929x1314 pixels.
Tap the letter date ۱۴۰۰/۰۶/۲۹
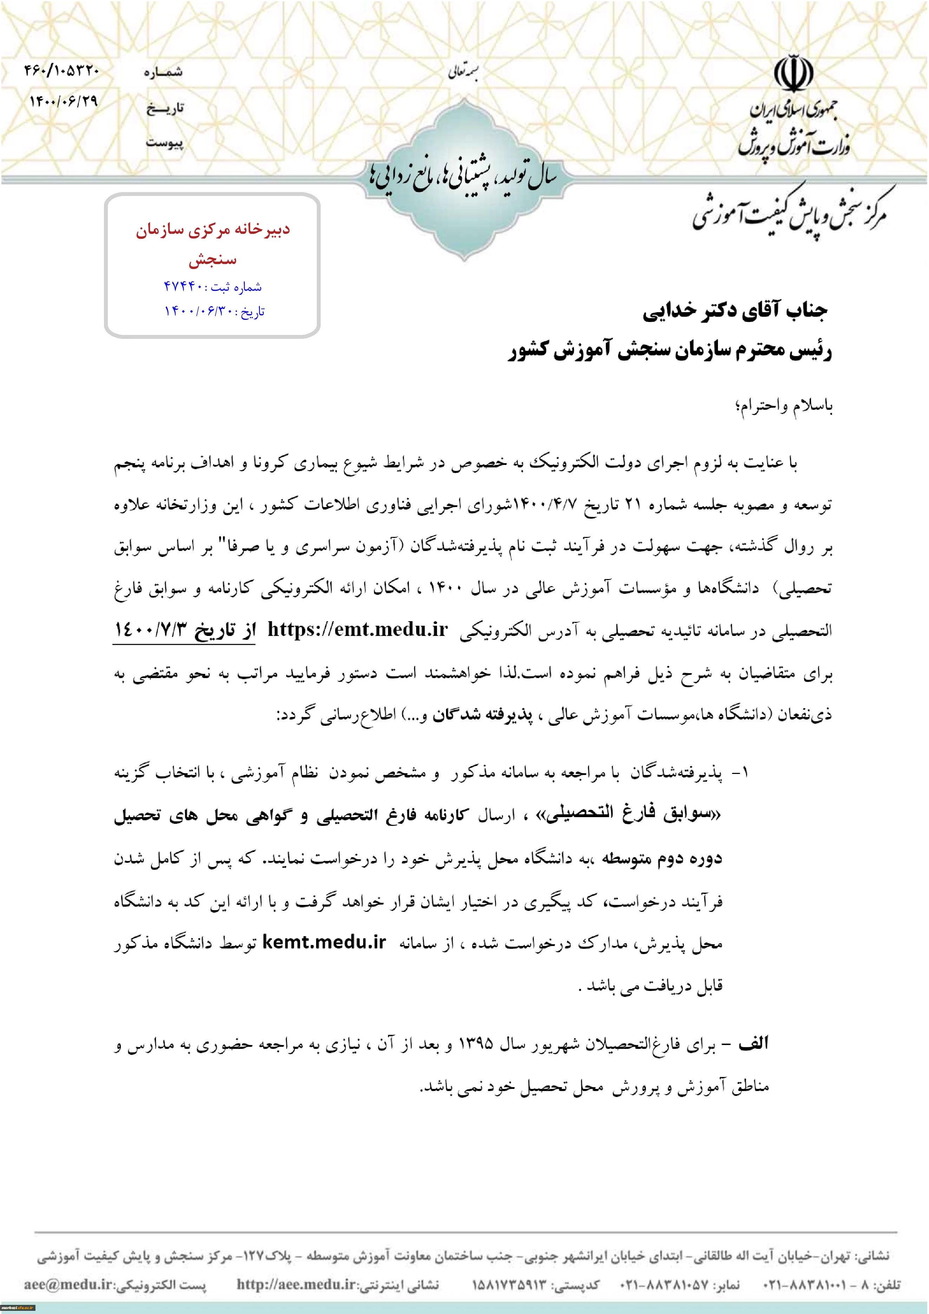coord(64,101)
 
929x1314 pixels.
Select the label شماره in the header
coord(163,72)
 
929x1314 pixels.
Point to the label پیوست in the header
coord(164,142)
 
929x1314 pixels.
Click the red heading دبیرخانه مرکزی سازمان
coord(212,230)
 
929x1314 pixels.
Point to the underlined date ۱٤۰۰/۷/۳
coord(151,630)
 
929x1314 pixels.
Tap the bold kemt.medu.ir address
coord(324,942)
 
